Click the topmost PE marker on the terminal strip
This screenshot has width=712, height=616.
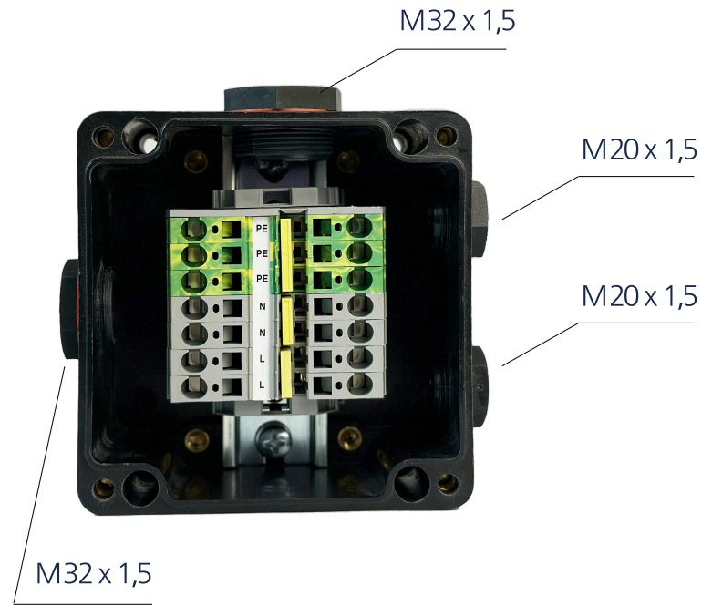[263, 227]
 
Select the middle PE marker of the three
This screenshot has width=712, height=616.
[263, 252]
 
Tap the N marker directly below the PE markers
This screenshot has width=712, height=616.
[263, 307]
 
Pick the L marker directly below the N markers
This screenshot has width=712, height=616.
[263, 361]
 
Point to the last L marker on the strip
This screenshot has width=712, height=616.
[263, 386]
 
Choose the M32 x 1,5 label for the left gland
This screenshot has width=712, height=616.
[94, 574]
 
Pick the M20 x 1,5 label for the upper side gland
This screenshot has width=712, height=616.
[639, 150]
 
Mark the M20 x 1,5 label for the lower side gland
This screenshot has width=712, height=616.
[639, 297]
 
